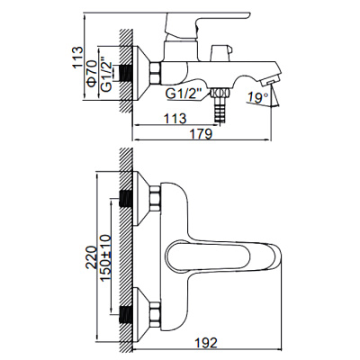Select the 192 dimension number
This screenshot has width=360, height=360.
208,342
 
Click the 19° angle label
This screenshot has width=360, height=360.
257,94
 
